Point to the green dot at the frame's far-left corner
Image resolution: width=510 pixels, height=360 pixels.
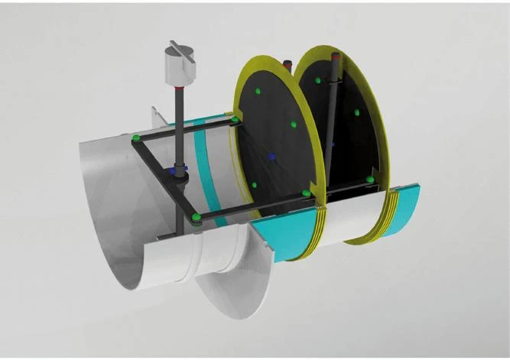136,138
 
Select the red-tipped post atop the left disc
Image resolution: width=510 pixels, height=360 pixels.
288,64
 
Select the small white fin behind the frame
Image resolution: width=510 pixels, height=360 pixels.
158,115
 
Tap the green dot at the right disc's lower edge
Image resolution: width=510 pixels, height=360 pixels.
370,180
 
